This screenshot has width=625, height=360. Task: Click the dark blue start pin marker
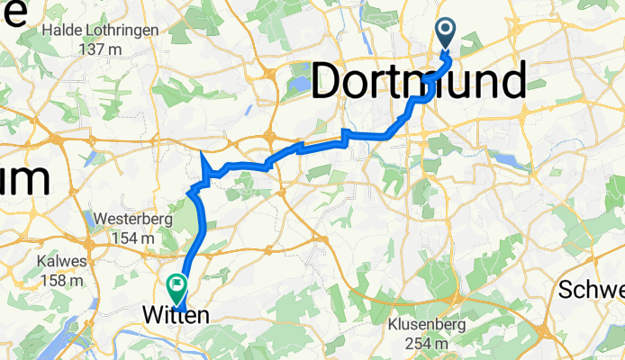tap(448, 34)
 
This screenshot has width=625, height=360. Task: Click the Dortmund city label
tap(419, 83)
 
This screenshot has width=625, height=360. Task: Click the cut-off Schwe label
tap(592, 290)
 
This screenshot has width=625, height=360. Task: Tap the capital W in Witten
tap(152, 315)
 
